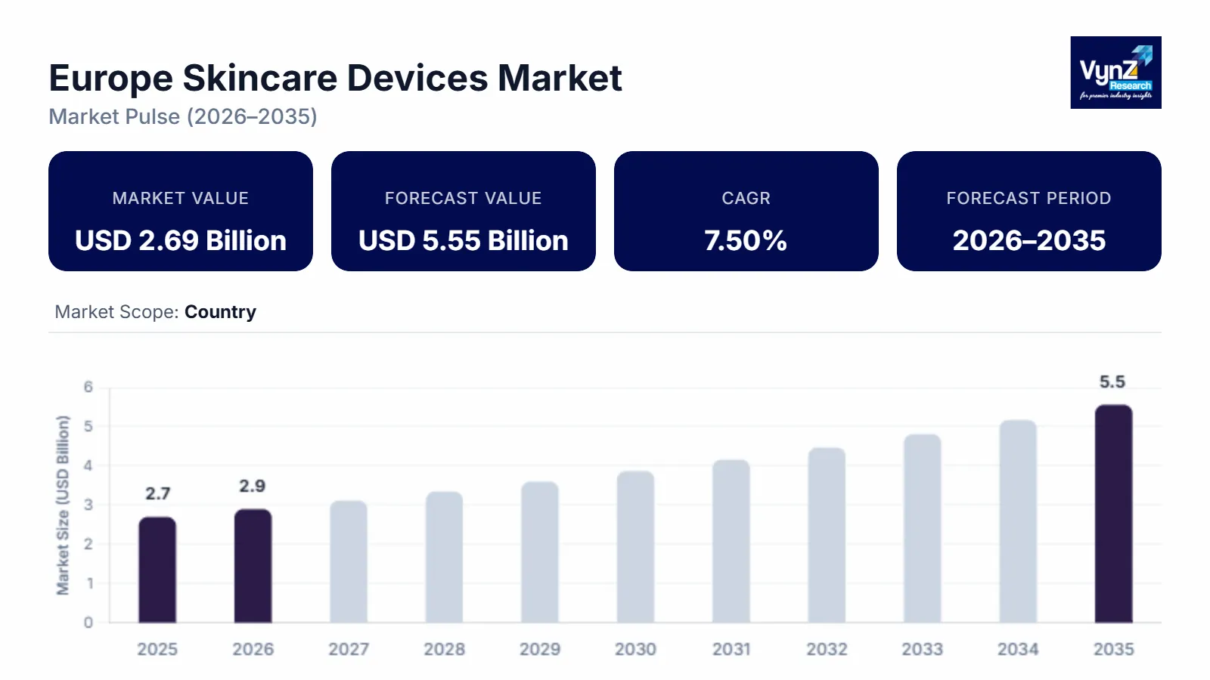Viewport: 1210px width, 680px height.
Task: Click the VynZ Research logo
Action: (x=1115, y=73)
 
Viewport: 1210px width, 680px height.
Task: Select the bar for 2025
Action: (x=157, y=570)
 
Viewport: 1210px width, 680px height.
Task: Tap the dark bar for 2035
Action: (x=1113, y=514)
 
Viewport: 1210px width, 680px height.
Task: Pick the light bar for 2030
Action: (x=635, y=547)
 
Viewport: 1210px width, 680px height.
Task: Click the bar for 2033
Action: (x=922, y=529)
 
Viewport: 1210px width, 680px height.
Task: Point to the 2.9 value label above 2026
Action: (x=253, y=486)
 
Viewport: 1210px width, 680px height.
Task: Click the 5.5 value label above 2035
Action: (x=1112, y=382)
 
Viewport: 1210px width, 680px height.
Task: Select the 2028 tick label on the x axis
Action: (x=444, y=649)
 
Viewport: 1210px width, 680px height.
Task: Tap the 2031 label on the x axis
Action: (x=731, y=649)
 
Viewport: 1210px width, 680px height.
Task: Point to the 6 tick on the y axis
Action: (x=88, y=387)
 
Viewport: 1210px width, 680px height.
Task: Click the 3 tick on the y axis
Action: (x=88, y=505)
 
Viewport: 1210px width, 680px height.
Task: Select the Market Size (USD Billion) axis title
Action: (x=63, y=505)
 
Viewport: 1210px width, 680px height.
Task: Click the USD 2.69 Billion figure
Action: (x=181, y=241)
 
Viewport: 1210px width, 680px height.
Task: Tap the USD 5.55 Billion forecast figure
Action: (x=463, y=241)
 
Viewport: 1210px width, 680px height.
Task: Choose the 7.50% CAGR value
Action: (x=746, y=241)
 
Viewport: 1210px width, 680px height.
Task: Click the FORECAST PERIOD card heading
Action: (x=1028, y=198)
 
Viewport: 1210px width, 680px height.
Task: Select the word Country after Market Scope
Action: (x=220, y=312)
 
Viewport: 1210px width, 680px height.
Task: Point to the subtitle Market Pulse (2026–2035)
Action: (x=183, y=117)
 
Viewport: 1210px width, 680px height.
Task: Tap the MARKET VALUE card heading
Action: (x=180, y=198)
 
